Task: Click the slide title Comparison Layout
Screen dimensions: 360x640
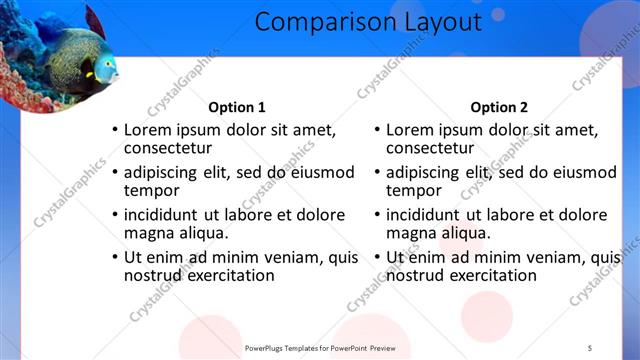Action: pos(368,21)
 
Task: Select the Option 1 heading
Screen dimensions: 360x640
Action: pos(237,107)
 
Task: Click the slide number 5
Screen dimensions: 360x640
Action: pos(589,347)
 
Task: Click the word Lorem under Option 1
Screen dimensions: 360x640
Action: pos(147,130)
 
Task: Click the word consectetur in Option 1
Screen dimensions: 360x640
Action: pos(168,148)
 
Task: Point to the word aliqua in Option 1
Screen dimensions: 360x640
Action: pos(203,233)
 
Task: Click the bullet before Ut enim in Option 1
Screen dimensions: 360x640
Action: pos(115,257)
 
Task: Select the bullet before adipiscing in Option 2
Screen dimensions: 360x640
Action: pos(377,172)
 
